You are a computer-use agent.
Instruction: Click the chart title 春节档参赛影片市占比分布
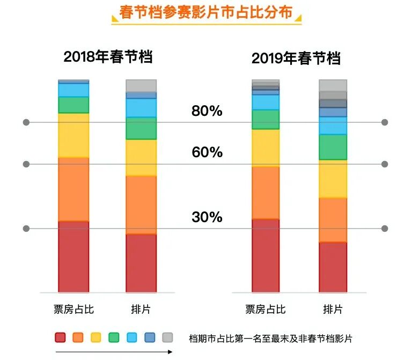207,12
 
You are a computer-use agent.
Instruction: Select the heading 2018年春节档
108,57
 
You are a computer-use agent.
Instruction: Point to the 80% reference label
207,111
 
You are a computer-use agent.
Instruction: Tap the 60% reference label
207,152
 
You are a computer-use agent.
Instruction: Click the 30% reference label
207,217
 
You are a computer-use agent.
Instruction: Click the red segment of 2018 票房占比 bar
73,256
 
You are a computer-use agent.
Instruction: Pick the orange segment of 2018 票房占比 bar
73,189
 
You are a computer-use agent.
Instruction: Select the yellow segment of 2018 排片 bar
141,157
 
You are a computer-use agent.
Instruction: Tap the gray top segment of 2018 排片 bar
141,86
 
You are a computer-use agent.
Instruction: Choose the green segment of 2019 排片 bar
333,147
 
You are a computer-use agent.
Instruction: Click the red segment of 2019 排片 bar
333,267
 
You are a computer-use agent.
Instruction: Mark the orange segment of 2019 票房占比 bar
266,193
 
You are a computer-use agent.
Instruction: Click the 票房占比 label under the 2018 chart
73,310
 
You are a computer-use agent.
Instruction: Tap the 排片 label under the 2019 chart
333,310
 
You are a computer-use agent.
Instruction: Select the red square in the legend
61,337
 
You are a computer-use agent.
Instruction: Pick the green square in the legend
114,337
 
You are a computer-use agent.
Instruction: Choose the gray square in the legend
167,337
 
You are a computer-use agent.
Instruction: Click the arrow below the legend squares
114,352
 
